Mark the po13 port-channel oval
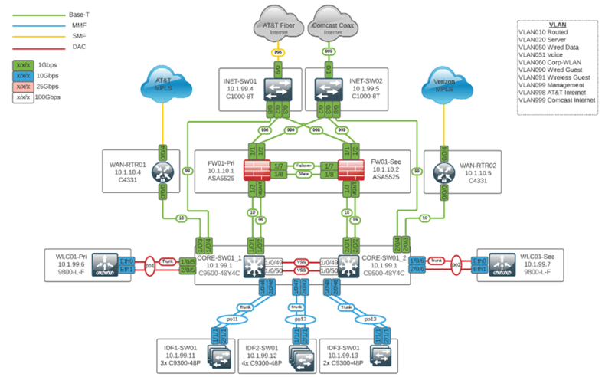(369, 318)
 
